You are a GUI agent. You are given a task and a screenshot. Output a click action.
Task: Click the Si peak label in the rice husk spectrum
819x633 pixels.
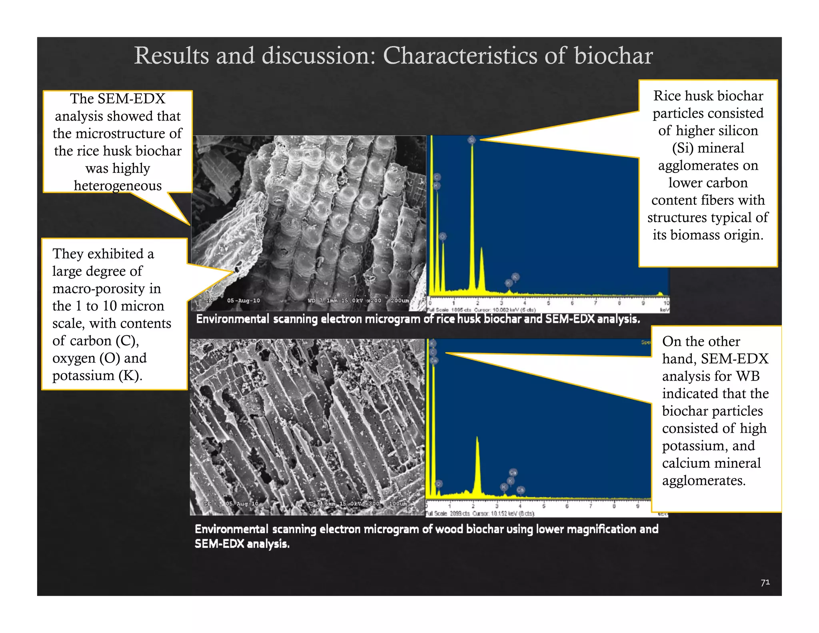tap(471, 140)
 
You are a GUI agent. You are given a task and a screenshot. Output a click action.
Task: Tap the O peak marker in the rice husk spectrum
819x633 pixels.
tap(442, 236)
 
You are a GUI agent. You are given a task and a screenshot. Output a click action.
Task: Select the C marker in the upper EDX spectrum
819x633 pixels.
tap(437, 177)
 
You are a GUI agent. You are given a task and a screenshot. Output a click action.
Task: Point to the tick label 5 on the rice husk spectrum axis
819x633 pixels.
tap(548, 303)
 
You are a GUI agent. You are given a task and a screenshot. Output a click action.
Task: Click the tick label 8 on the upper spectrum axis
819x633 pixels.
tap(619, 303)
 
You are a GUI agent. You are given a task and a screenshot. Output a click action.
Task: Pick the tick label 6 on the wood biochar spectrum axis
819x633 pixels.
tap(567, 506)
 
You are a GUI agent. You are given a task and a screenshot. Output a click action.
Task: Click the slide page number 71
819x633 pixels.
tap(765, 582)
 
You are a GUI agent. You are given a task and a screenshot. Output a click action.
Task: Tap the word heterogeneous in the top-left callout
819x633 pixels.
tap(118, 186)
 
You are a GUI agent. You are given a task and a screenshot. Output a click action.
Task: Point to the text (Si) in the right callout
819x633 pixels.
tap(682, 148)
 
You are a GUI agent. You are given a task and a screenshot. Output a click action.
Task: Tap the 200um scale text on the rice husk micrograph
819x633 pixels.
tap(400, 300)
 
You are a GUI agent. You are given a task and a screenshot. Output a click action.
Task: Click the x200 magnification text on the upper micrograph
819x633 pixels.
tap(374, 300)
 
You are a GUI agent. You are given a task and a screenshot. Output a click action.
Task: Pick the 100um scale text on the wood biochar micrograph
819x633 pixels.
tap(398, 503)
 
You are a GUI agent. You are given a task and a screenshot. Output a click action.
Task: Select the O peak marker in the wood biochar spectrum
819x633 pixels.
tap(439, 484)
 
